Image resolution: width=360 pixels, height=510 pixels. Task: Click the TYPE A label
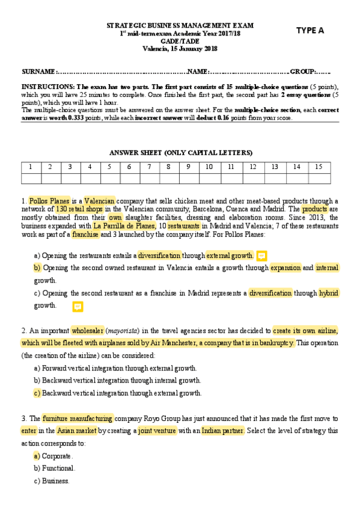coord(310,31)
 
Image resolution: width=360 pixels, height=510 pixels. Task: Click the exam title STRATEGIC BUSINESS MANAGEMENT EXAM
coord(180,26)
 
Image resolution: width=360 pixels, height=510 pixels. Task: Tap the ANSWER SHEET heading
coord(180,152)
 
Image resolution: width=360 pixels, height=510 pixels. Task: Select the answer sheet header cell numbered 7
coord(149,167)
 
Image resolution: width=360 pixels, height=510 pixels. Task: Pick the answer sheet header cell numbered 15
coord(319,167)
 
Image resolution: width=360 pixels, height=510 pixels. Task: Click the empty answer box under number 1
coord(31,178)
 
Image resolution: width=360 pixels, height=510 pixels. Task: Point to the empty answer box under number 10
coord(209,178)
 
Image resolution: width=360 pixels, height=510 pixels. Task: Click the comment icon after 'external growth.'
coord(261,256)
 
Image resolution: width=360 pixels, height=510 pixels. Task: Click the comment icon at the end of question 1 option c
coord(78,307)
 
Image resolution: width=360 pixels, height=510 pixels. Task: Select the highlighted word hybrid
coord(329,293)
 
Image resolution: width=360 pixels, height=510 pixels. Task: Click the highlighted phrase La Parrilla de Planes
coord(124,226)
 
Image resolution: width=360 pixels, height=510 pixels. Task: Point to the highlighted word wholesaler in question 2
coord(87,330)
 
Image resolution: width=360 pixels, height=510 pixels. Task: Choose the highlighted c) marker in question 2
coord(37,393)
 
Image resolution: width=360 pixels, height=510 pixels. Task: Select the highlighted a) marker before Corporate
coord(37,456)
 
